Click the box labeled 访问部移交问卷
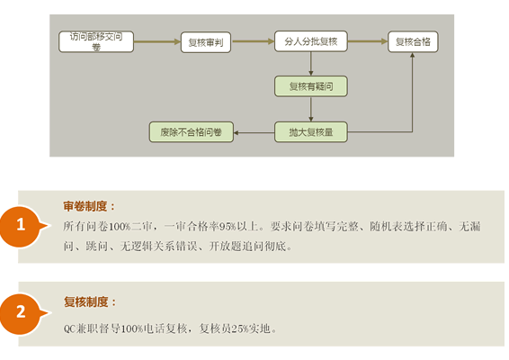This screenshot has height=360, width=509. (x=96, y=41)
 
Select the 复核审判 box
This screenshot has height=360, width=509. (x=206, y=42)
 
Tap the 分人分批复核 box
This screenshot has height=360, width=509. (x=311, y=41)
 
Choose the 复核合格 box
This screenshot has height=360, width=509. (x=413, y=41)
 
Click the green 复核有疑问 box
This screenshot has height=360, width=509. (x=311, y=86)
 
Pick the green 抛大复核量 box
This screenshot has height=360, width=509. (x=311, y=132)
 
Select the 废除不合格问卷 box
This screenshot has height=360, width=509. (x=192, y=132)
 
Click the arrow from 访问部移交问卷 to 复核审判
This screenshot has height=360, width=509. (x=157, y=41)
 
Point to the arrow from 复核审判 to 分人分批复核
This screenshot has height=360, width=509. (x=253, y=41)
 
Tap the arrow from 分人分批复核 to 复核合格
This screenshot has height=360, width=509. (x=368, y=41)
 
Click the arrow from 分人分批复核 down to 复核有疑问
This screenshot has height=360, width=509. (x=311, y=64)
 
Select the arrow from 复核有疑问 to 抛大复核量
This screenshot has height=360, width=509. (x=311, y=109)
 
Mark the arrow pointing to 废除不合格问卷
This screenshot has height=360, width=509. (x=254, y=132)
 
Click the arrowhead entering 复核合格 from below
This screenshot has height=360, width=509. (x=412, y=55)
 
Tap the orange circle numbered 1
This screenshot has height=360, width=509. (x=21, y=227)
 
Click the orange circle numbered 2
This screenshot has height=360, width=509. (x=21, y=313)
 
